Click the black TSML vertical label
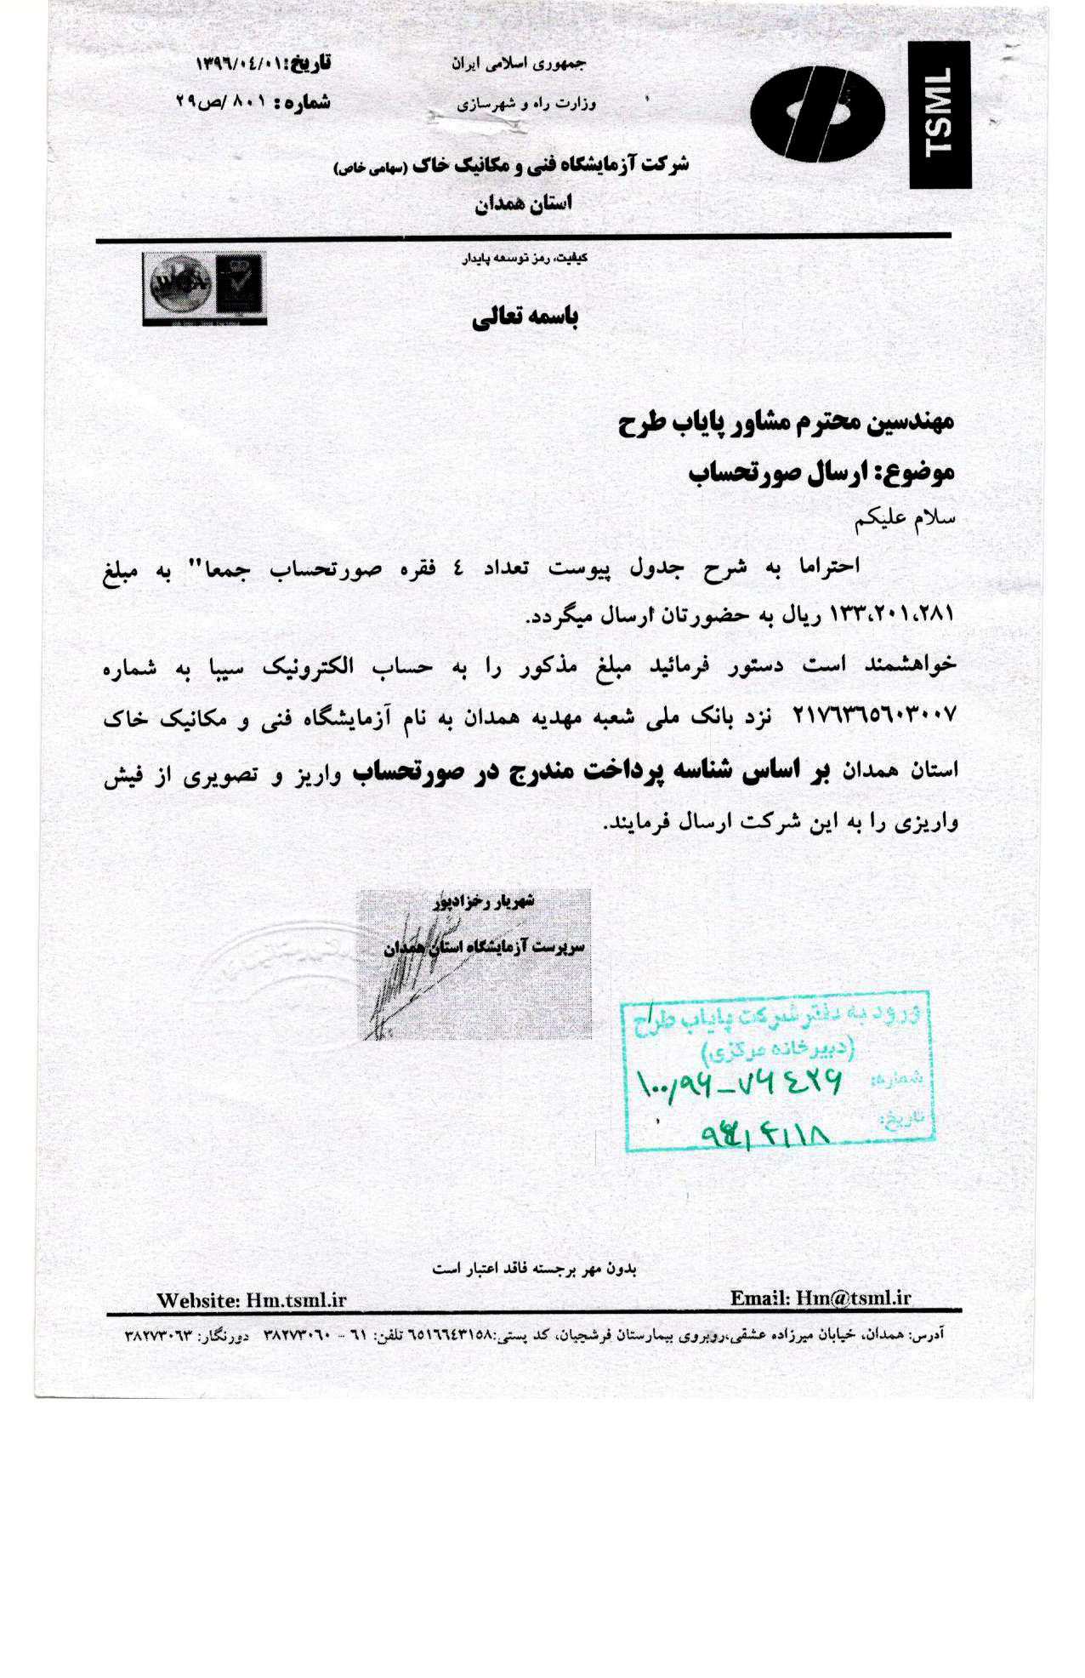940,115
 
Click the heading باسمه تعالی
525,317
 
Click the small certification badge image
204,288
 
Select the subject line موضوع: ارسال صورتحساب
821,472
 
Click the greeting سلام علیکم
906,517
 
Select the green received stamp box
778,1070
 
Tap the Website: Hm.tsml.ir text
251,1300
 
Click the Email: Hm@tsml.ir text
820,1298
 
